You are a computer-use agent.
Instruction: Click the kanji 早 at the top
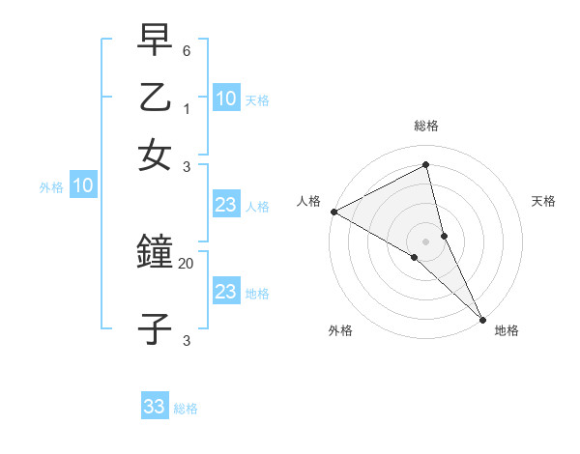pyautogui.click(x=155, y=43)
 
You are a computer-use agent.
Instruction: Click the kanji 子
pyautogui.click(x=155, y=328)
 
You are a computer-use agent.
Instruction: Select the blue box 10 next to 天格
pyautogui.click(x=226, y=98)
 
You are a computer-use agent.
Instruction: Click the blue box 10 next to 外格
pyautogui.click(x=83, y=186)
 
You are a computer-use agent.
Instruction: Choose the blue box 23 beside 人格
pyautogui.click(x=226, y=205)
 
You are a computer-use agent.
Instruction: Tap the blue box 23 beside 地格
pyautogui.click(x=226, y=292)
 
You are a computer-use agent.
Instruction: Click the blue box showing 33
pyautogui.click(x=155, y=407)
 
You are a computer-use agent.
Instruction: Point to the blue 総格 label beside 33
pyautogui.click(x=186, y=409)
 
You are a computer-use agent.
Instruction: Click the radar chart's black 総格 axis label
pyautogui.click(x=426, y=126)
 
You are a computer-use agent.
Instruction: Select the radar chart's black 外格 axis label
pyautogui.click(x=340, y=330)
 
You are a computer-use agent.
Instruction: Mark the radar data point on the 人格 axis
pyautogui.click(x=333, y=212)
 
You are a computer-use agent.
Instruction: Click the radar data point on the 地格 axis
pyautogui.click(x=481, y=317)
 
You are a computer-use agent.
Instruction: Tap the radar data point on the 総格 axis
pyautogui.click(x=426, y=164)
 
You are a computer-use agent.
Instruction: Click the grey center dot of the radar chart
pyautogui.click(x=426, y=240)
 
